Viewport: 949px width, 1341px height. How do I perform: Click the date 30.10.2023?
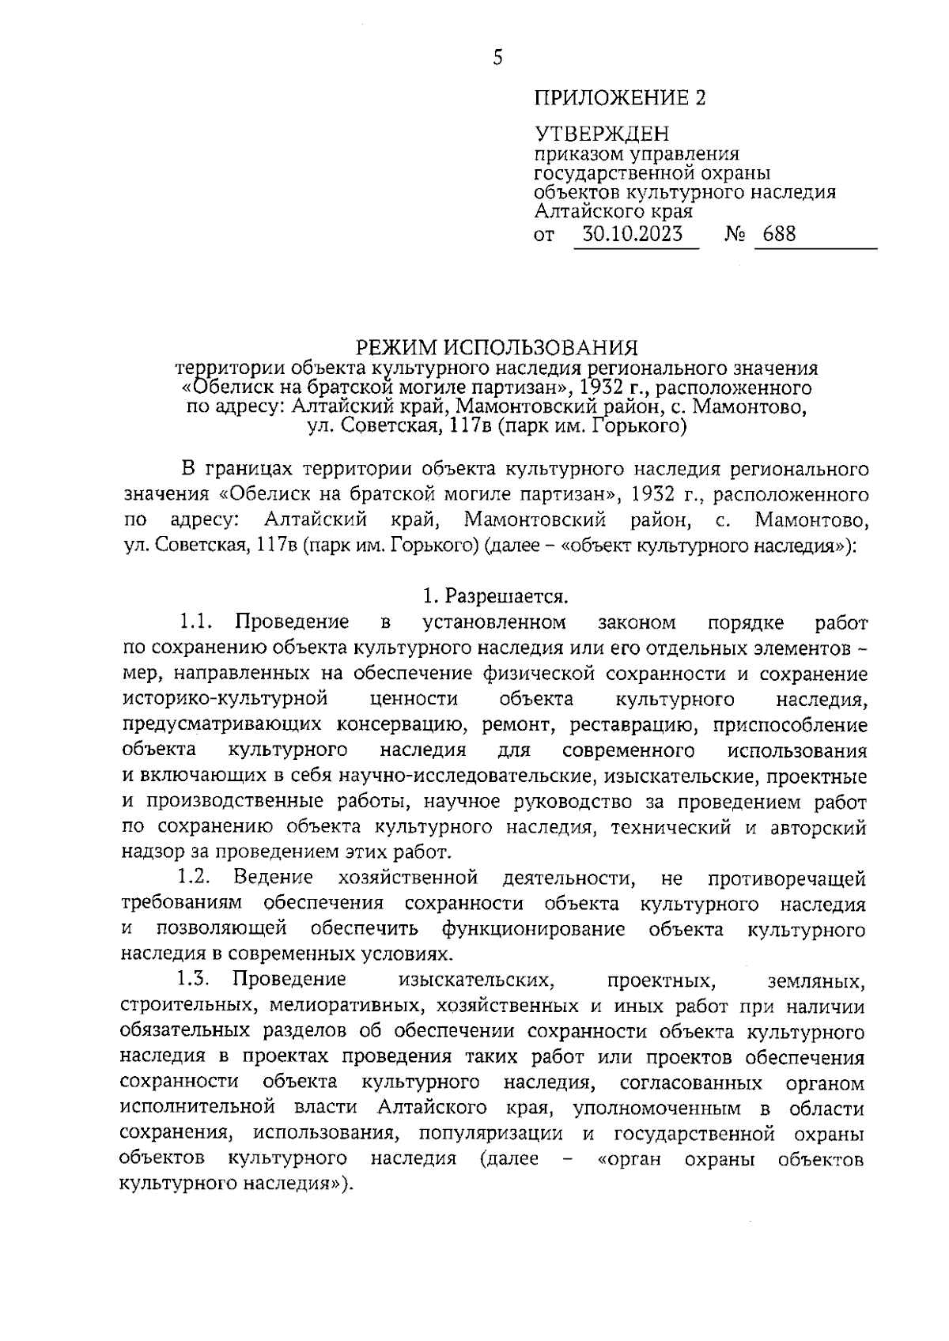[633, 234]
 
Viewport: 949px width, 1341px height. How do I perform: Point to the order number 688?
[780, 234]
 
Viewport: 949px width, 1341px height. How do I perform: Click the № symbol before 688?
[735, 235]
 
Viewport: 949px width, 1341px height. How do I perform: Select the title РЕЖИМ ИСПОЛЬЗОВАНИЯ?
[496, 347]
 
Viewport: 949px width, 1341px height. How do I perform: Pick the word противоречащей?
[787, 878]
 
